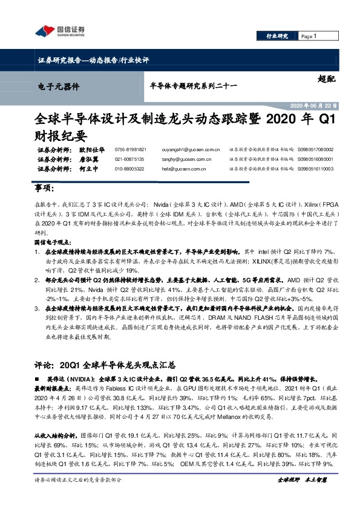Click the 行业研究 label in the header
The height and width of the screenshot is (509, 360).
coord(278,37)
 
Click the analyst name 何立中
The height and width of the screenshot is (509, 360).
coord(88,169)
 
